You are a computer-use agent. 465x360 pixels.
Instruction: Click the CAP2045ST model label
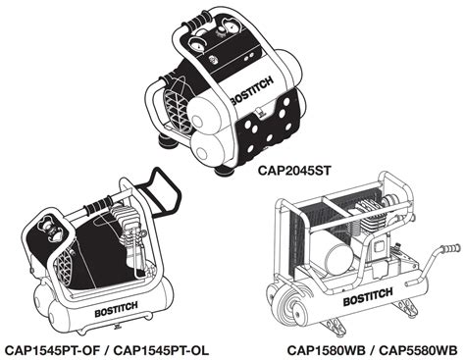[294, 171]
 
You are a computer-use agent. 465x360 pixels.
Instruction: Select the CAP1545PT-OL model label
[161, 350]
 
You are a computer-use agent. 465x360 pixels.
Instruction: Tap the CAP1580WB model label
[326, 350]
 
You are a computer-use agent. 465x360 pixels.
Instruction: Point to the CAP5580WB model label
[418, 350]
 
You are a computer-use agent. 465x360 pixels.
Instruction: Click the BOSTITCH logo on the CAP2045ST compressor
[251, 91]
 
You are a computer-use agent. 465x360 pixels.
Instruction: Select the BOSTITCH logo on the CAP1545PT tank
[116, 310]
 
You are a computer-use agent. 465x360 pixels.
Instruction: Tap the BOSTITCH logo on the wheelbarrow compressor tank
[368, 296]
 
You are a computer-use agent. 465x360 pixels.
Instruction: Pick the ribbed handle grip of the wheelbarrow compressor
[450, 249]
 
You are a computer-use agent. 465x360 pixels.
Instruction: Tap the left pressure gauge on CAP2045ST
[197, 45]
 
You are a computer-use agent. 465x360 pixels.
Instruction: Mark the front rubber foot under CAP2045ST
[225, 171]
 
